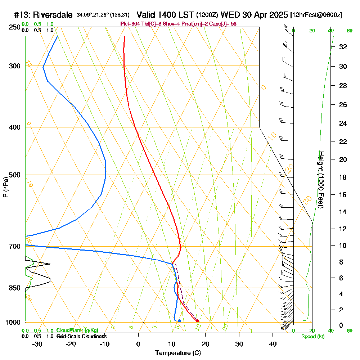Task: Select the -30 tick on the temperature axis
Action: pyautogui.click(x=37, y=344)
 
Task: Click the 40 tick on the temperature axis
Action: pyautogui.click(x=273, y=344)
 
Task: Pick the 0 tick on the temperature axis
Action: pyautogui.click(x=138, y=344)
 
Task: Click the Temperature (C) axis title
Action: pyautogui.click(x=178, y=353)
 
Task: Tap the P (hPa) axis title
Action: pyautogui.click(x=5, y=187)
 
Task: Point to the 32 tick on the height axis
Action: pyautogui.click(x=343, y=47)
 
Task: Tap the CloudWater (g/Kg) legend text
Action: pyautogui.click(x=77, y=330)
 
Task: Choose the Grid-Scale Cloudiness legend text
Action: pyautogui.click(x=81, y=336)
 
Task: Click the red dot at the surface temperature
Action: pyautogui.click(x=197, y=321)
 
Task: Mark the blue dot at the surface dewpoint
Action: pyautogui.click(x=179, y=321)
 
